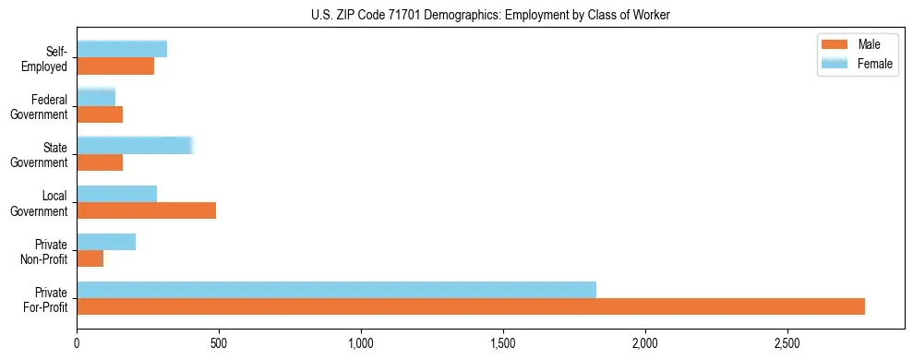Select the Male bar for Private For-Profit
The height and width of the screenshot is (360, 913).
[471, 306]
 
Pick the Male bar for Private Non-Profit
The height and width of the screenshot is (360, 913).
[90, 258]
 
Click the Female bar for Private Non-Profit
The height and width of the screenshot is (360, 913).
[106, 242]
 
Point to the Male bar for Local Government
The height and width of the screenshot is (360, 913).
[146, 210]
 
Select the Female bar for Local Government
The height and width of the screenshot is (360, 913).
[116, 194]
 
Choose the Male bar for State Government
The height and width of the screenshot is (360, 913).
[100, 162]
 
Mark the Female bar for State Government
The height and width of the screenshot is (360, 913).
[134, 146]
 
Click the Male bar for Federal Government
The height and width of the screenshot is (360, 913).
[100, 114]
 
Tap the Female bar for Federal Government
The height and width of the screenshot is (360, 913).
[96, 98]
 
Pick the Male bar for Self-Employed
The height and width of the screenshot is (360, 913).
[115, 66]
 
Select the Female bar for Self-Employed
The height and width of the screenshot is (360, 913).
[122, 50]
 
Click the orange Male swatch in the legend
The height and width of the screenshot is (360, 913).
[835, 45]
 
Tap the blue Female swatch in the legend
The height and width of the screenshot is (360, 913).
[835, 63]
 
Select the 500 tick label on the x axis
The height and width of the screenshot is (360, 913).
[219, 343]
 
